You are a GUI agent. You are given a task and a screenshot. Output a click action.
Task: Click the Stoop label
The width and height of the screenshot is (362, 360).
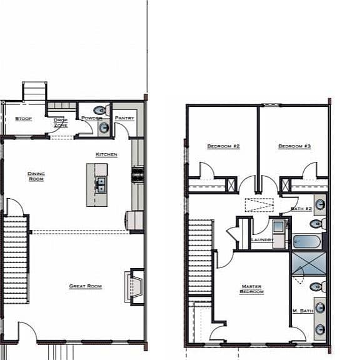pyautogui.click(x=23, y=119)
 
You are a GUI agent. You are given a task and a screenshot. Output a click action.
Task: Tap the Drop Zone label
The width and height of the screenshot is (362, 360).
pyautogui.click(x=61, y=122)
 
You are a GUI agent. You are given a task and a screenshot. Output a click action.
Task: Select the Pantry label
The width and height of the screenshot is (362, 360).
pyautogui.click(x=124, y=118)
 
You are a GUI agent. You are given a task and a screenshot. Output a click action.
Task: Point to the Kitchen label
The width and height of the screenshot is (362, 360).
pyautogui.click(x=106, y=154)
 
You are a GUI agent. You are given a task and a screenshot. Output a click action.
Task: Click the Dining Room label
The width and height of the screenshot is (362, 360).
pyautogui.click(x=36, y=176)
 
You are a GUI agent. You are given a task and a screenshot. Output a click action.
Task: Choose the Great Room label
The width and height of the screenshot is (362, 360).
pyautogui.click(x=86, y=286)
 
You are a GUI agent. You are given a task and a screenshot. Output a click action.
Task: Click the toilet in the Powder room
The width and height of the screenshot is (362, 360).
pyautogui.click(x=102, y=111)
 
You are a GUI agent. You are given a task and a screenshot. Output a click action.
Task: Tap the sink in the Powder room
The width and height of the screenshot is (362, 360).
pyautogui.click(x=104, y=127)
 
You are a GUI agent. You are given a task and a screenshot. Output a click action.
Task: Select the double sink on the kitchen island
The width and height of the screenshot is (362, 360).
pyautogui.click(x=101, y=185)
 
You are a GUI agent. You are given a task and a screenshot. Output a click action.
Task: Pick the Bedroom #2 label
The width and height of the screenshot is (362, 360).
pyautogui.click(x=223, y=146)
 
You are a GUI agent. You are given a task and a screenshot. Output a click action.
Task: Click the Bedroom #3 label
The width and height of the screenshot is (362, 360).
pyautogui.click(x=294, y=146)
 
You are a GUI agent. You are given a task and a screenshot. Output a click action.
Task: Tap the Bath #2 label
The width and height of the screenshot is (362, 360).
pyautogui.click(x=301, y=209)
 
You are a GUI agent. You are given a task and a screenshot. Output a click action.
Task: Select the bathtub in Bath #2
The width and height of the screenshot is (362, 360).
pyautogui.click(x=307, y=241)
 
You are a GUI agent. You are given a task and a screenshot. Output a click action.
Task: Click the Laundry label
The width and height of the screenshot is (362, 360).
pyautogui.click(x=262, y=240)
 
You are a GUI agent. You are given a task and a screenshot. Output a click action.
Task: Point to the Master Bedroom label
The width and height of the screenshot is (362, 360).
pyautogui.click(x=251, y=289)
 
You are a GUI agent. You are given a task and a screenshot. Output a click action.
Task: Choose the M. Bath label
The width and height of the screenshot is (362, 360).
pyautogui.click(x=303, y=311)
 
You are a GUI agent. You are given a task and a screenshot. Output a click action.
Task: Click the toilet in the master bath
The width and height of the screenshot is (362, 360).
pyautogui.click(x=318, y=287)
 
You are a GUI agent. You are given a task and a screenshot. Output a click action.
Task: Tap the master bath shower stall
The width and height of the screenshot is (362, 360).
pyautogui.click(x=309, y=264)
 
